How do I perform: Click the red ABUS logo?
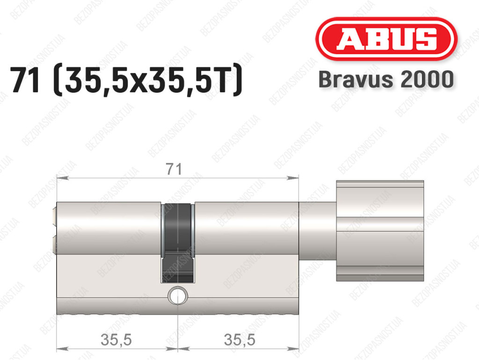(386, 39)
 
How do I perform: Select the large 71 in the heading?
(25, 80)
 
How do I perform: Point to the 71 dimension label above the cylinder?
(174, 169)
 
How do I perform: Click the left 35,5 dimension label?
(116, 339)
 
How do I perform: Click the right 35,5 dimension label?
(239, 339)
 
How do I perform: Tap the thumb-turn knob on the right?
(380, 231)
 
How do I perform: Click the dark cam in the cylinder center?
(177, 243)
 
